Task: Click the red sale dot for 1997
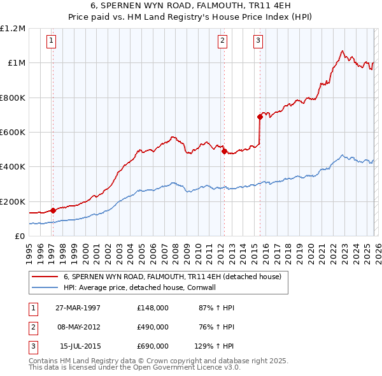tap(53, 210)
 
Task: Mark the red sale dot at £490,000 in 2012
tap(224, 151)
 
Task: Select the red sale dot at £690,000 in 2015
tap(260, 117)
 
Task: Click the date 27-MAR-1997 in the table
tap(78, 308)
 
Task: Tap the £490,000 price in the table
tap(153, 327)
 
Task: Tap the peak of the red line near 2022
tap(342, 51)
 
